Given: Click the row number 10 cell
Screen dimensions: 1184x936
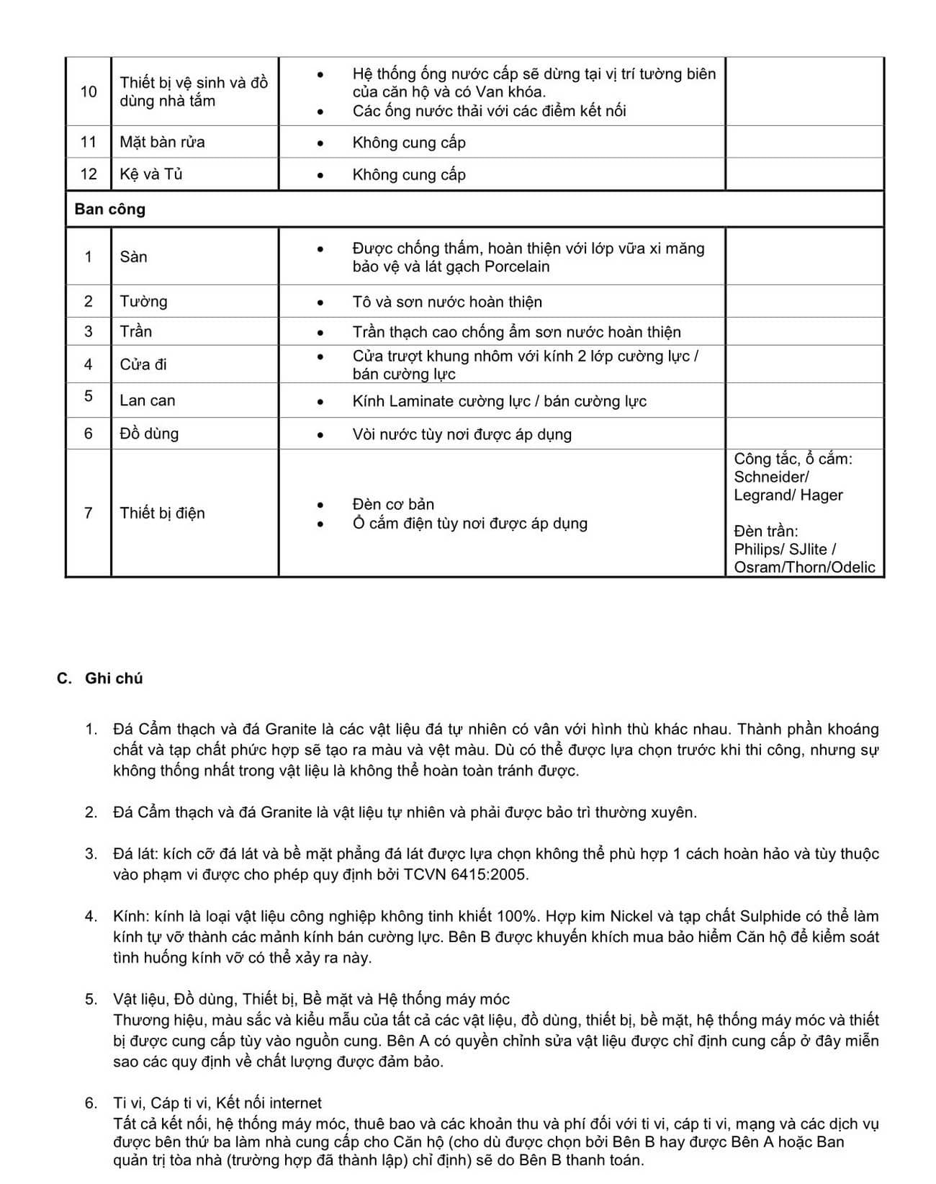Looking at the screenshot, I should pyautogui.click(x=89, y=91).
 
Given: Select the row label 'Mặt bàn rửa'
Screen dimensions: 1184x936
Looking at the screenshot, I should pyautogui.click(x=162, y=142).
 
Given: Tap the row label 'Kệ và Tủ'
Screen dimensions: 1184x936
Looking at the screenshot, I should pyautogui.click(x=151, y=174).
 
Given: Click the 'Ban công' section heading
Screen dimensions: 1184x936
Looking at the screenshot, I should pyautogui.click(x=109, y=209).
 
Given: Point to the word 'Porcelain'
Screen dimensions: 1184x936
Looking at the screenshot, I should pyautogui.click(x=517, y=266).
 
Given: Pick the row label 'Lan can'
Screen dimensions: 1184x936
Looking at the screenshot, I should pyautogui.click(x=148, y=400).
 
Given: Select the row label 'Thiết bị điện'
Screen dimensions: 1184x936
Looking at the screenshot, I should pyautogui.click(x=162, y=513).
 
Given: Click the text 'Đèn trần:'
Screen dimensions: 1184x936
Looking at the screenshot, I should pyautogui.click(x=765, y=531).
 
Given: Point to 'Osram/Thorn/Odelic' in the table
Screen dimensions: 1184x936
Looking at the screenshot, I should pyautogui.click(x=804, y=567).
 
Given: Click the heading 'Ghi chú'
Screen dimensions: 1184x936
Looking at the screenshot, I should pyautogui.click(x=114, y=678).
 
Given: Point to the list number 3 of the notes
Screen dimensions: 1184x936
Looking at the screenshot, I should pyautogui.click(x=91, y=854).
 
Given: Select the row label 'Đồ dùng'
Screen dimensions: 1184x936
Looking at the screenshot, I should pyautogui.click(x=149, y=434).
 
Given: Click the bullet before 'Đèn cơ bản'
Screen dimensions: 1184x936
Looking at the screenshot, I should pyautogui.click(x=320, y=505).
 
